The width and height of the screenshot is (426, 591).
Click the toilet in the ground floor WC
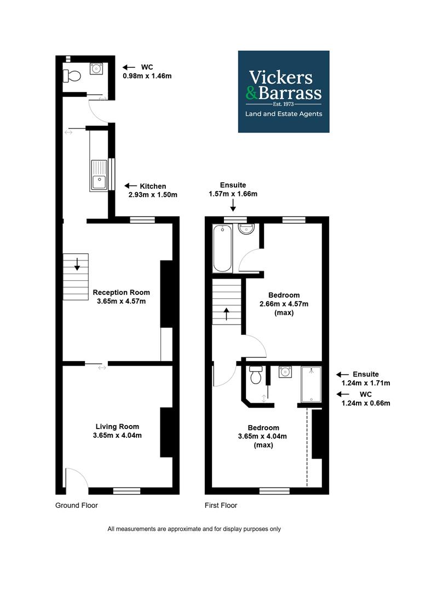coord(72,76)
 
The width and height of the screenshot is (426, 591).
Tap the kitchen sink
coord(99,175)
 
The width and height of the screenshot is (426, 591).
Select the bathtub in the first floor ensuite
coord(222,248)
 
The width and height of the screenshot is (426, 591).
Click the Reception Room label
coord(122,292)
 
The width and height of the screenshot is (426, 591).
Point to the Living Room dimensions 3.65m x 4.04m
coord(117,436)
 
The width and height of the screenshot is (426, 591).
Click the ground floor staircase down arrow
coord(77,264)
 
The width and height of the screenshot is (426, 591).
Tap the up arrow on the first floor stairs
coord(227,314)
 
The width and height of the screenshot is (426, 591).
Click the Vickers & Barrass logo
coord(284,91)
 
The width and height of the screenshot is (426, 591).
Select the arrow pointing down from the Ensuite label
coord(233,205)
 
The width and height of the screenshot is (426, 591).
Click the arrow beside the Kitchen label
coord(130,186)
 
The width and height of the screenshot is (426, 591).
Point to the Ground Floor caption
coord(77,506)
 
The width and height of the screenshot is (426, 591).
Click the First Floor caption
coord(221,506)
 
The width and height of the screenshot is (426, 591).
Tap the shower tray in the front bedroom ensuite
coord(311,385)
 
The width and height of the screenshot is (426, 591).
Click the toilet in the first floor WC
coord(256,375)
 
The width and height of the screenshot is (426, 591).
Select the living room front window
coord(126,491)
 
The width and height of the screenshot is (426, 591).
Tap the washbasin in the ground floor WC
coord(96,68)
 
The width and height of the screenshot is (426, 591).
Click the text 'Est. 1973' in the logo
coord(284,104)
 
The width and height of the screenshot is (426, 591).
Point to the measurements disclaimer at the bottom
coord(194,529)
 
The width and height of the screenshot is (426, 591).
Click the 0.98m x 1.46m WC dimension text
coord(147,76)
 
